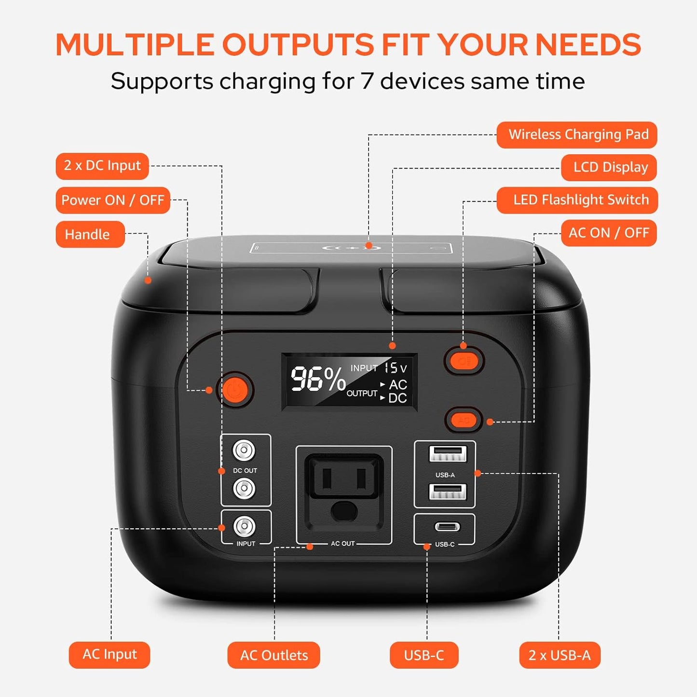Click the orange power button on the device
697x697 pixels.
coord(235,389)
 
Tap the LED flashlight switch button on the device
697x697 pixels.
coord(464,360)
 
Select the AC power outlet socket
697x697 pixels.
coord(343,494)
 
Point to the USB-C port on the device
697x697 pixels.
coord(447,527)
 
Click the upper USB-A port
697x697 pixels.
coord(447,454)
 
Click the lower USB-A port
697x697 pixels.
coord(447,492)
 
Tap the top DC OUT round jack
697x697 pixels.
coord(244,451)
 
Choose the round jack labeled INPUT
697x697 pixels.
coord(244,526)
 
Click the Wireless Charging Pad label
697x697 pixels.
coord(577,135)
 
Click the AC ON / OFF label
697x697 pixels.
coord(609,233)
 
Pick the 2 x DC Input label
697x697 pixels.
coord(102,166)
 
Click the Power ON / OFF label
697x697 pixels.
coord(113,200)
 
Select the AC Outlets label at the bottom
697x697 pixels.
coord(273,655)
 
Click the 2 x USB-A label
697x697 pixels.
coord(560,655)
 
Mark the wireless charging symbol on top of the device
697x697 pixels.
coord(352,248)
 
